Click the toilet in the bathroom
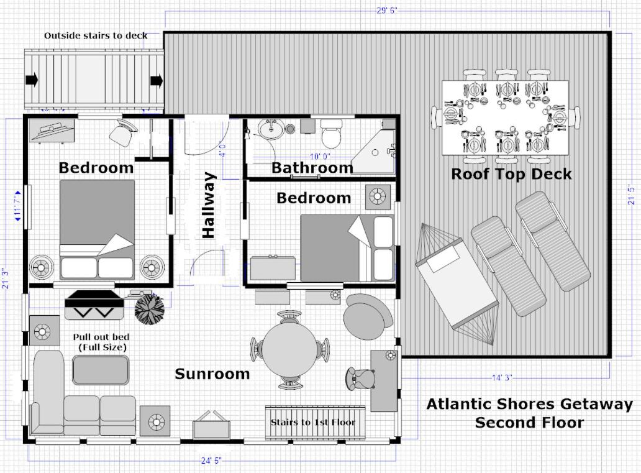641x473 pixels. click(x=331, y=134)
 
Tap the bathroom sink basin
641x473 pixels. click(x=271, y=129)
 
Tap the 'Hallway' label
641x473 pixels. click(x=209, y=205)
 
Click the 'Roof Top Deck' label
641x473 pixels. click(x=511, y=174)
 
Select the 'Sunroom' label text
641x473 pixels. click(x=212, y=374)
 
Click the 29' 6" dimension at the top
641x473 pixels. click(x=387, y=11)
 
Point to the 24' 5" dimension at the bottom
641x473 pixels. click(x=211, y=461)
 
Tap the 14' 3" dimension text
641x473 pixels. click(x=502, y=378)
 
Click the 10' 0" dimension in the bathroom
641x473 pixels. click(x=320, y=156)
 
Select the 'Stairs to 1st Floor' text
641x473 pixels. click(x=313, y=422)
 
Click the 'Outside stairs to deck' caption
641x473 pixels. click(x=96, y=35)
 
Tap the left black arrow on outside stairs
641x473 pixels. click(x=32, y=80)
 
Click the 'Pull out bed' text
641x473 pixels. click(x=101, y=337)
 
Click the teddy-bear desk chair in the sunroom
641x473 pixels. click(x=360, y=378)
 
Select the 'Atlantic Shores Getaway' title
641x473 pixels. click(x=530, y=404)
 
